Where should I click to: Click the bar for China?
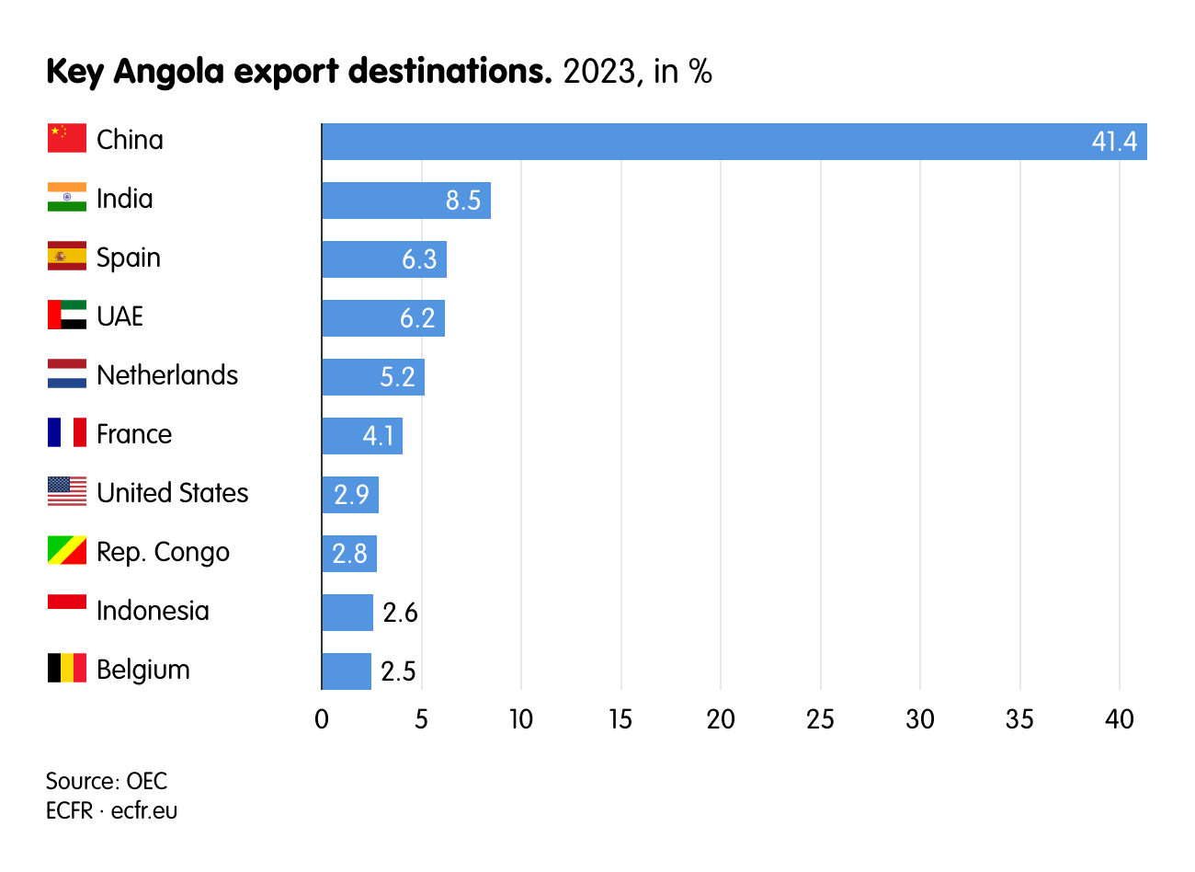[x=734, y=142]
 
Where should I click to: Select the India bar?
[x=405, y=201]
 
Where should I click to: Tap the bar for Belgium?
[x=347, y=671]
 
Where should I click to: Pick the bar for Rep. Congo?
[x=349, y=554]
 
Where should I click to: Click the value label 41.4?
[x=1114, y=142]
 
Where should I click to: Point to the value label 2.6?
[x=400, y=613]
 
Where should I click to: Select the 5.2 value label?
[x=397, y=377]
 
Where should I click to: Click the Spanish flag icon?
[x=67, y=257]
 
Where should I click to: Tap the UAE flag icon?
[x=67, y=316]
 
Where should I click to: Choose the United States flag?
[x=67, y=492]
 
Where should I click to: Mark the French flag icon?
[x=67, y=433]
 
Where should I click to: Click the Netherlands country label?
[x=167, y=375]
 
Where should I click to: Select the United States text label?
[x=173, y=493]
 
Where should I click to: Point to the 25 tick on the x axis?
[x=820, y=719]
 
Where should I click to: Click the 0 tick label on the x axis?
[x=322, y=719]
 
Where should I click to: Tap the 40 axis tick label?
[x=1119, y=719]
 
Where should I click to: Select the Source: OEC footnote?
[x=107, y=781]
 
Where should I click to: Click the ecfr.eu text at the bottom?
[x=144, y=810]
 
